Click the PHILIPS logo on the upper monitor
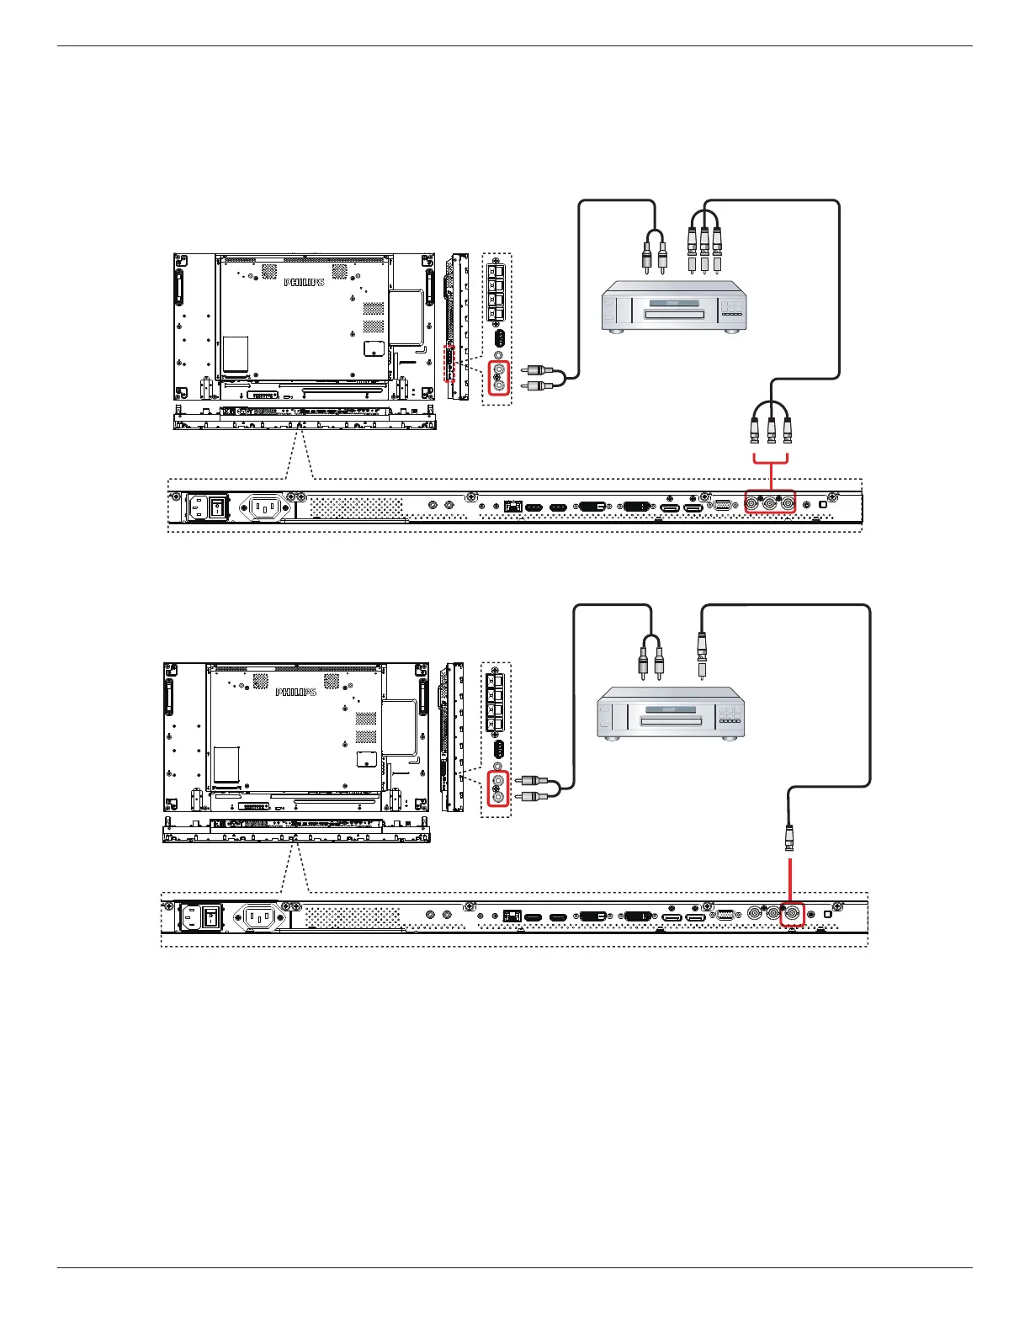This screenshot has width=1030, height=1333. click(x=304, y=283)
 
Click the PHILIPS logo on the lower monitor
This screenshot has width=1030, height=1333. click(x=296, y=692)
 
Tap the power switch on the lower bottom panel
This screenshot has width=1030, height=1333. click(x=212, y=916)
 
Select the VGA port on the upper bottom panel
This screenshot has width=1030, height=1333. click(x=722, y=506)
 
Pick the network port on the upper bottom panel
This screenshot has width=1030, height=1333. click(x=511, y=507)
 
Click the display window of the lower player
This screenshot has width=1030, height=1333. click(x=672, y=710)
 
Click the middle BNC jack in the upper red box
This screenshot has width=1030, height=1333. click(x=769, y=504)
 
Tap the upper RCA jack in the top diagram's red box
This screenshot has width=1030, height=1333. click(x=500, y=369)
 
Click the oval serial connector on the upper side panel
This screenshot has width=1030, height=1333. click(x=499, y=338)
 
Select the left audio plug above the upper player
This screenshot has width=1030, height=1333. click(x=646, y=257)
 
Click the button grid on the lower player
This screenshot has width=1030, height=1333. click(x=730, y=715)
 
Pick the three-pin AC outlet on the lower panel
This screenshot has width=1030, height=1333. click(x=260, y=916)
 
